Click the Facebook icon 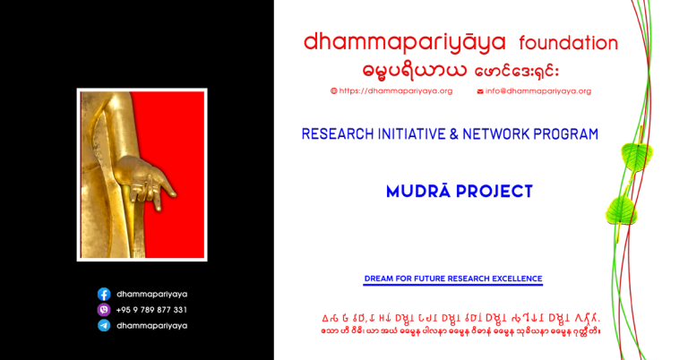pos(104,294)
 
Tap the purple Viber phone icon pos(104,310)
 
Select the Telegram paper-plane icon pos(104,326)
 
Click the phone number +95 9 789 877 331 pos(150,310)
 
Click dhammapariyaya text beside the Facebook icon pos(151,294)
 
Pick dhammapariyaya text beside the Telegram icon pos(151,326)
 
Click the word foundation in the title pos(568,43)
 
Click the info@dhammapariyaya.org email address pos(538,91)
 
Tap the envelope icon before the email pos(480,91)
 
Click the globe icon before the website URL pos(333,91)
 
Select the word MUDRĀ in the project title pos(418,192)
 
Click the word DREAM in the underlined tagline pos(377,279)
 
